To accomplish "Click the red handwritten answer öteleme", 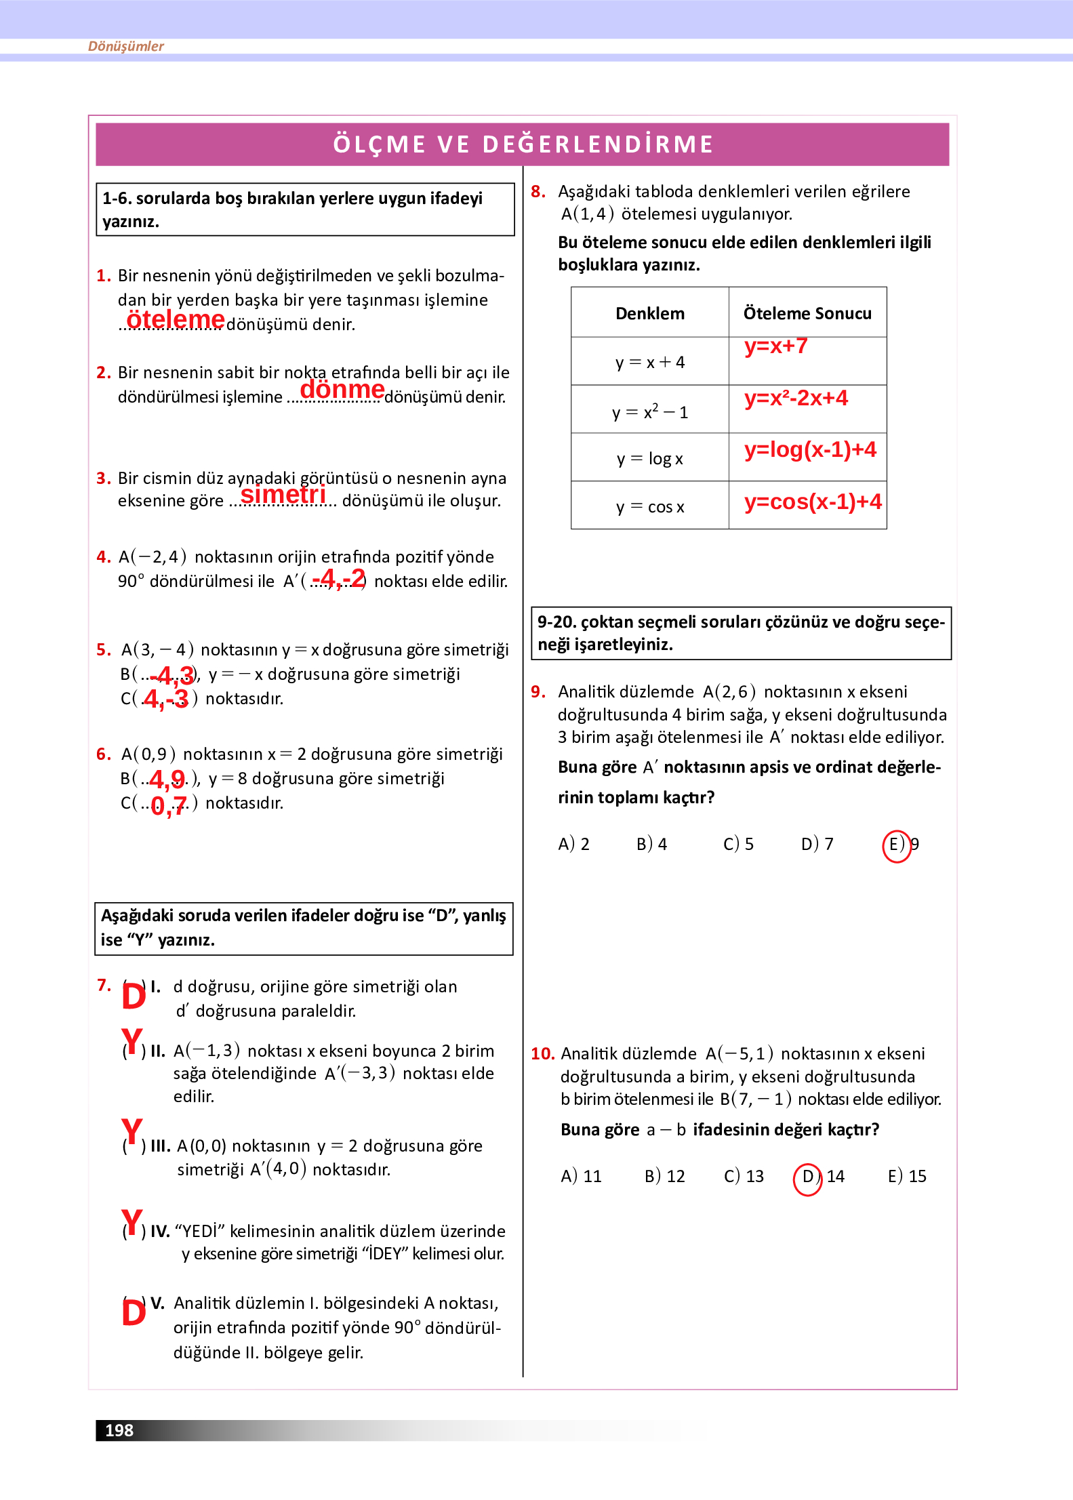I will (x=176, y=319).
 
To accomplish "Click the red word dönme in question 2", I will (x=342, y=390).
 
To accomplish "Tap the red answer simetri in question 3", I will (x=283, y=495).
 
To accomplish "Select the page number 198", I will (x=119, y=1430).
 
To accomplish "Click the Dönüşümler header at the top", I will (x=126, y=46).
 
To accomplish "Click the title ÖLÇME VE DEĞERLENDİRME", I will (x=523, y=144).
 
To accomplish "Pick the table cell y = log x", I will (x=649, y=459).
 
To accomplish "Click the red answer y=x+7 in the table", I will (x=775, y=346).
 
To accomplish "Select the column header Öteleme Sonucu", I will (x=807, y=313).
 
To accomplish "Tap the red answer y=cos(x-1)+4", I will (x=813, y=502).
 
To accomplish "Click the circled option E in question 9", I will (x=896, y=845).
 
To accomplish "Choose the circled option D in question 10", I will (x=807, y=1177).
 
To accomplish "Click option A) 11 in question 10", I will (x=581, y=1177).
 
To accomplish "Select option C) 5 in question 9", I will (x=738, y=845).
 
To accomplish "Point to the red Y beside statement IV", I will (x=132, y=1223).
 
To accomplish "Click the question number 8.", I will (x=538, y=192).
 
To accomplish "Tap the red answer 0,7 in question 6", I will (x=168, y=805).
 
